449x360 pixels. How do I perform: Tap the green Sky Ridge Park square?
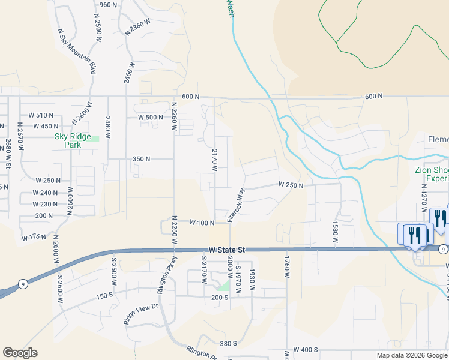coord(95,139)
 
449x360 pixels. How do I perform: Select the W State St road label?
coord(228,249)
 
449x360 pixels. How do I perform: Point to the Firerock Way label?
coord(237,206)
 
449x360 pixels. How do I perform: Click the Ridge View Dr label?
coord(140,314)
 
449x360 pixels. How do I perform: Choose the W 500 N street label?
coord(150,117)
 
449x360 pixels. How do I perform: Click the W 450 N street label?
coord(46,126)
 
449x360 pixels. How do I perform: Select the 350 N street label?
coord(141,159)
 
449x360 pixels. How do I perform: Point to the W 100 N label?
coord(202,223)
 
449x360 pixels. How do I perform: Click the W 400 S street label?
coord(306,350)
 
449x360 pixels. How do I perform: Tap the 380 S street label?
coord(229,344)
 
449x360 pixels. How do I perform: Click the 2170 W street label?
coord(214,160)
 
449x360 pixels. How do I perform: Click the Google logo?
coord(20,353)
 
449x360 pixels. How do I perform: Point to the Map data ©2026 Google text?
coord(411,355)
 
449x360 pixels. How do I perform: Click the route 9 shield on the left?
coord(21,286)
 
